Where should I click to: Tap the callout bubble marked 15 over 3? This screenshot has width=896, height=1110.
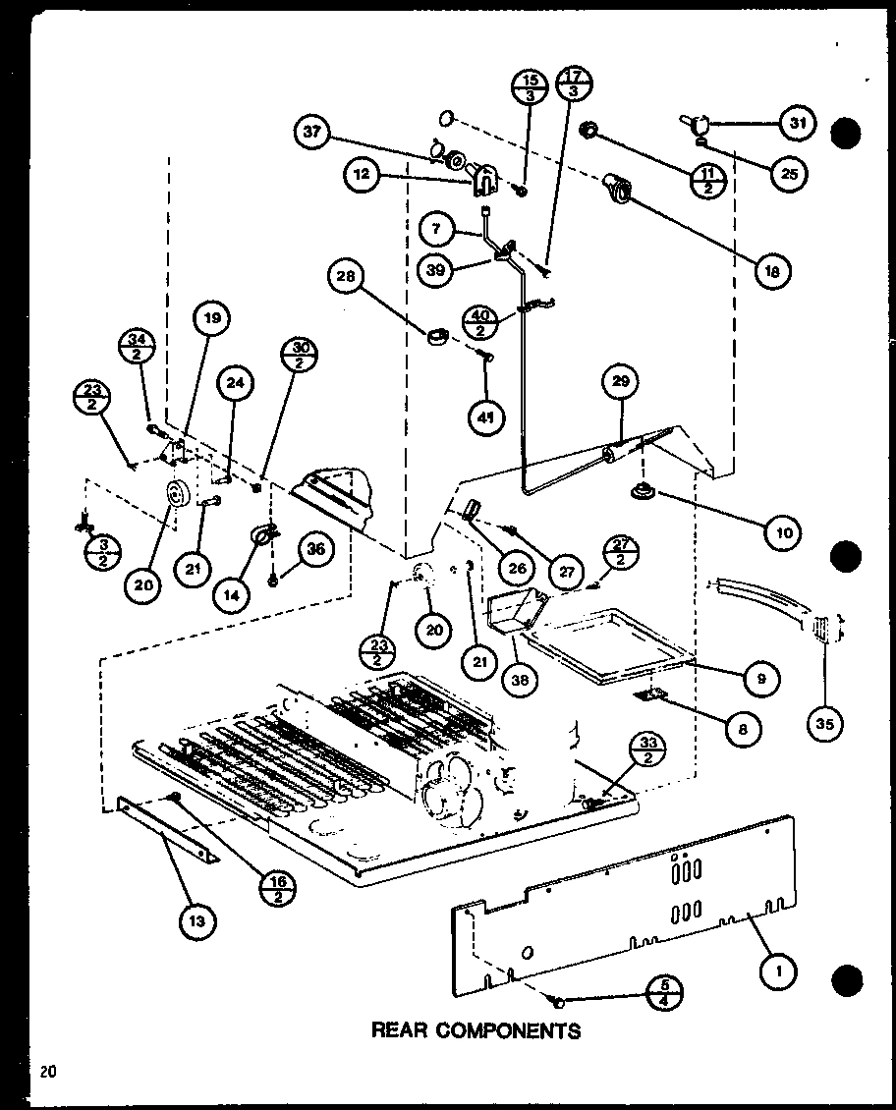pyautogui.click(x=529, y=88)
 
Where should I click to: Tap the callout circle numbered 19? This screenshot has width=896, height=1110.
pyautogui.click(x=213, y=317)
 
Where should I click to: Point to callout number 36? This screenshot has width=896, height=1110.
pyautogui.click(x=315, y=551)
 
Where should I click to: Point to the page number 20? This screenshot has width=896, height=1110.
pyautogui.click(x=48, y=1072)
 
